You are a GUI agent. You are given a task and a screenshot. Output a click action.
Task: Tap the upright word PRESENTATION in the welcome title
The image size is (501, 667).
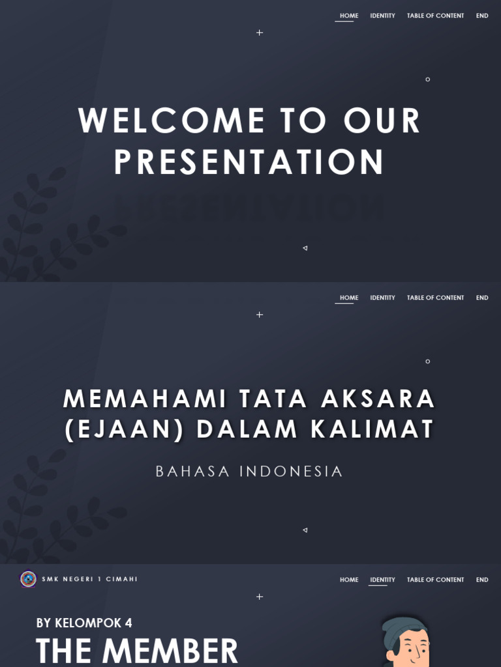pyautogui.click(x=249, y=162)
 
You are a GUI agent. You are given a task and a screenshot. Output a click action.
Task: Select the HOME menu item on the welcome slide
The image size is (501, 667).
pyautogui.click(x=349, y=16)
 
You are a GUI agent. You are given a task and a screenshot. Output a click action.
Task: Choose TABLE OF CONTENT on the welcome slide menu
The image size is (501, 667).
pyautogui.click(x=435, y=16)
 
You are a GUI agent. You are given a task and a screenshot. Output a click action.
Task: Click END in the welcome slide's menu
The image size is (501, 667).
pyautogui.click(x=482, y=16)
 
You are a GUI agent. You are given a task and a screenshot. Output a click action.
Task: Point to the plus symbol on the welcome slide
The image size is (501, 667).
pyautogui.click(x=260, y=33)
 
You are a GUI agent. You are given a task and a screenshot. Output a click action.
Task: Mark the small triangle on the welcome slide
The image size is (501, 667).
pyautogui.click(x=305, y=248)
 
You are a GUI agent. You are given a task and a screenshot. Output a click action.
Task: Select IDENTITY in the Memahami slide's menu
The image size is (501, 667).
pyautogui.click(x=382, y=298)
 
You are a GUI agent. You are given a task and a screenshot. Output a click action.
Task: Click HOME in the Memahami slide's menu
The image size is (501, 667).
pyautogui.click(x=349, y=298)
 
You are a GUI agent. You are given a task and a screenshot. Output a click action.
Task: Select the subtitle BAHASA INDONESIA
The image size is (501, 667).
pyautogui.click(x=249, y=472)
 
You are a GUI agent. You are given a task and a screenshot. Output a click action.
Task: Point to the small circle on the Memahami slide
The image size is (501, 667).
pyautogui.click(x=428, y=362)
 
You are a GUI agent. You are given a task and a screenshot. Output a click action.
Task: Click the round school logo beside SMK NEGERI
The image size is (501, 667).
pyautogui.click(x=28, y=579)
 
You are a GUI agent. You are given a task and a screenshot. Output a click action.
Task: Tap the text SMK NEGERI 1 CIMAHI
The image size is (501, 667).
pyautogui.click(x=90, y=579)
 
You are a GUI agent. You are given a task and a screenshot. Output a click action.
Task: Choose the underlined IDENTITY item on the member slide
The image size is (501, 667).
pyautogui.click(x=382, y=580)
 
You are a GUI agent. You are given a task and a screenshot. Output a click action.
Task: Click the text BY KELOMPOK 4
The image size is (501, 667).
pyautogui.click(x=84, y=623)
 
